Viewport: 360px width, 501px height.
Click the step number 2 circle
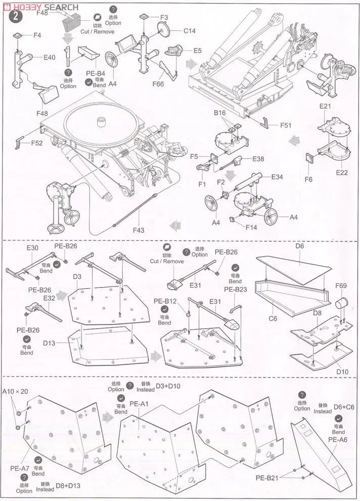pos(16,16)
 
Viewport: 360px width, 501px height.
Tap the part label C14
pos(189,31)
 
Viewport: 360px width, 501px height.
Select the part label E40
pos(49,57)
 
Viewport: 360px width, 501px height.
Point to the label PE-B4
pos(96,74)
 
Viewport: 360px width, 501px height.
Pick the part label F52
pos(36,143)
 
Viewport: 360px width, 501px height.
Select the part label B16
pos(219,113)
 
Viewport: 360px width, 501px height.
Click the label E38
pos(258,158)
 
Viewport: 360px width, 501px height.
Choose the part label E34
pos(277,177)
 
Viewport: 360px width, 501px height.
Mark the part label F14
pos(251,227)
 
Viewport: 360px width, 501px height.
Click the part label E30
pos(32,248)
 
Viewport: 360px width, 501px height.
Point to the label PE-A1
pos(138,404)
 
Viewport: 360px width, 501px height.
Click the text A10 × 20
pos(15,392)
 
